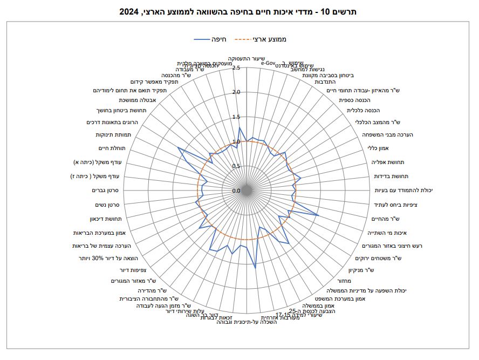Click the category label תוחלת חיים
(112, 148)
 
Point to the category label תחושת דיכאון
(106, 219)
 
